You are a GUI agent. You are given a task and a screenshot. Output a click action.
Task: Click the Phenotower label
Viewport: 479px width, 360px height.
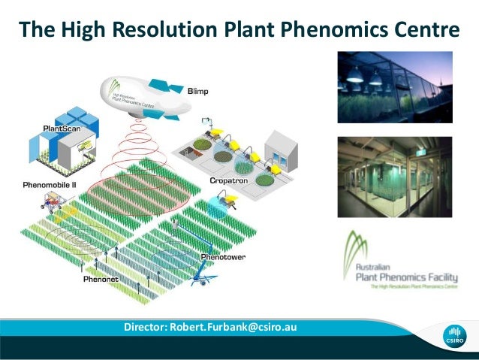tap(222, 258)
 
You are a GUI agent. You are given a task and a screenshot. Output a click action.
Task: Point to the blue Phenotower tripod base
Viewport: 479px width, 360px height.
tap(198, 279)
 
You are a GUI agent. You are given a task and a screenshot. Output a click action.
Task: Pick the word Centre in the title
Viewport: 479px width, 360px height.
tap(421, 30)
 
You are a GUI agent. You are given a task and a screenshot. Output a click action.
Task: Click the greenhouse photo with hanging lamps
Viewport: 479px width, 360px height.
tap(394, 86)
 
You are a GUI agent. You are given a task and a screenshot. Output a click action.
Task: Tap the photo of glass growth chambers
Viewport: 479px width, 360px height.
tap(394, 176)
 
